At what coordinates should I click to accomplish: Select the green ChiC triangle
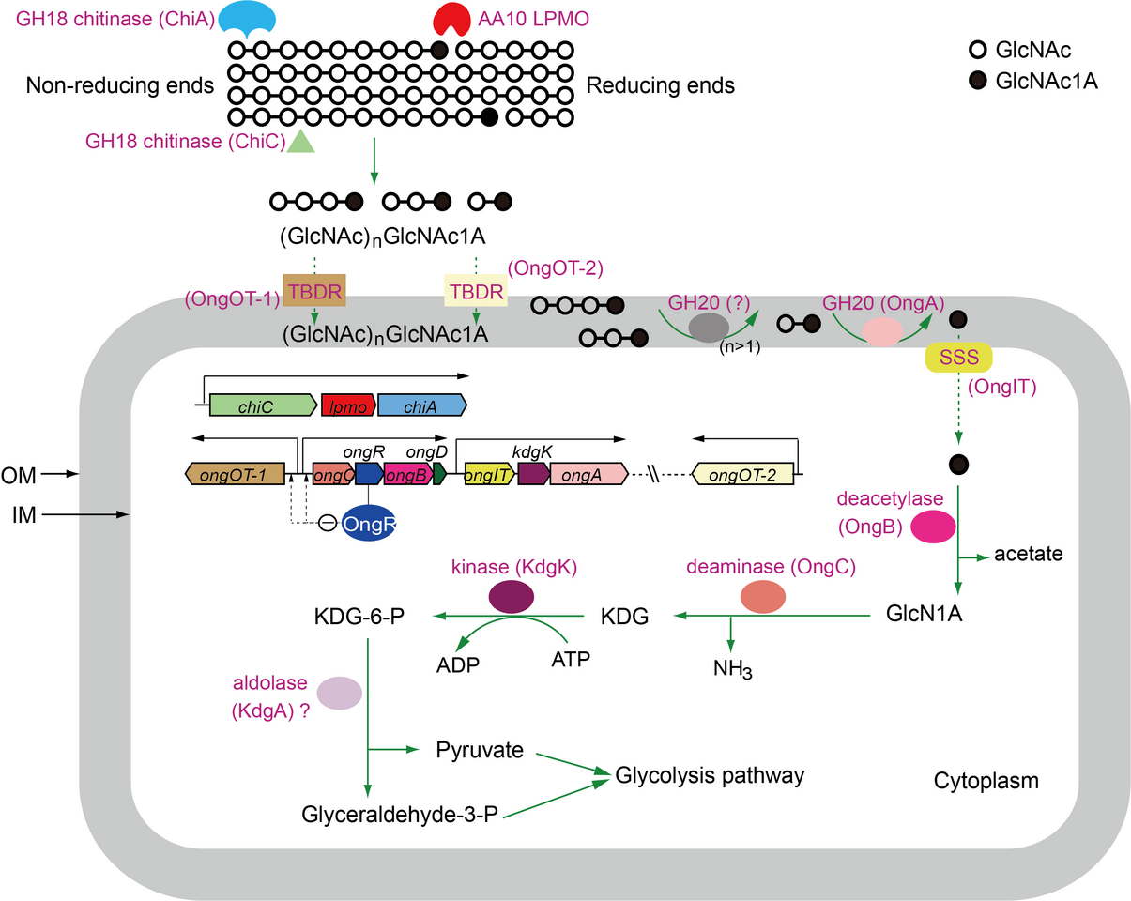tap(299, 142)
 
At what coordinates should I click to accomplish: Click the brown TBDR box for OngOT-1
tap(314, 291)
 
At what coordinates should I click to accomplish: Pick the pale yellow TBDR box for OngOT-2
tap(475, 290)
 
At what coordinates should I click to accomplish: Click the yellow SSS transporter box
tap(957, 357)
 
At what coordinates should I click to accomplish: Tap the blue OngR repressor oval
tap(370, 524)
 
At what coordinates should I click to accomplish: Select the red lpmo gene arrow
tap(348, 405)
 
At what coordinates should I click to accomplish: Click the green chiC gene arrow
tap(263, 405)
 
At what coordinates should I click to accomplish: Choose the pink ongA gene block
tap(588, 474)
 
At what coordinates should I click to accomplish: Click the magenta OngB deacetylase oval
tap(929, 527)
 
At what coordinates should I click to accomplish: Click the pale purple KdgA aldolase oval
tap(340, 693)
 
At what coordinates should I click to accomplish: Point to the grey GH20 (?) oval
tap(709, 327)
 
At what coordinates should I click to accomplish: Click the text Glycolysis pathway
tap(710, 775)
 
